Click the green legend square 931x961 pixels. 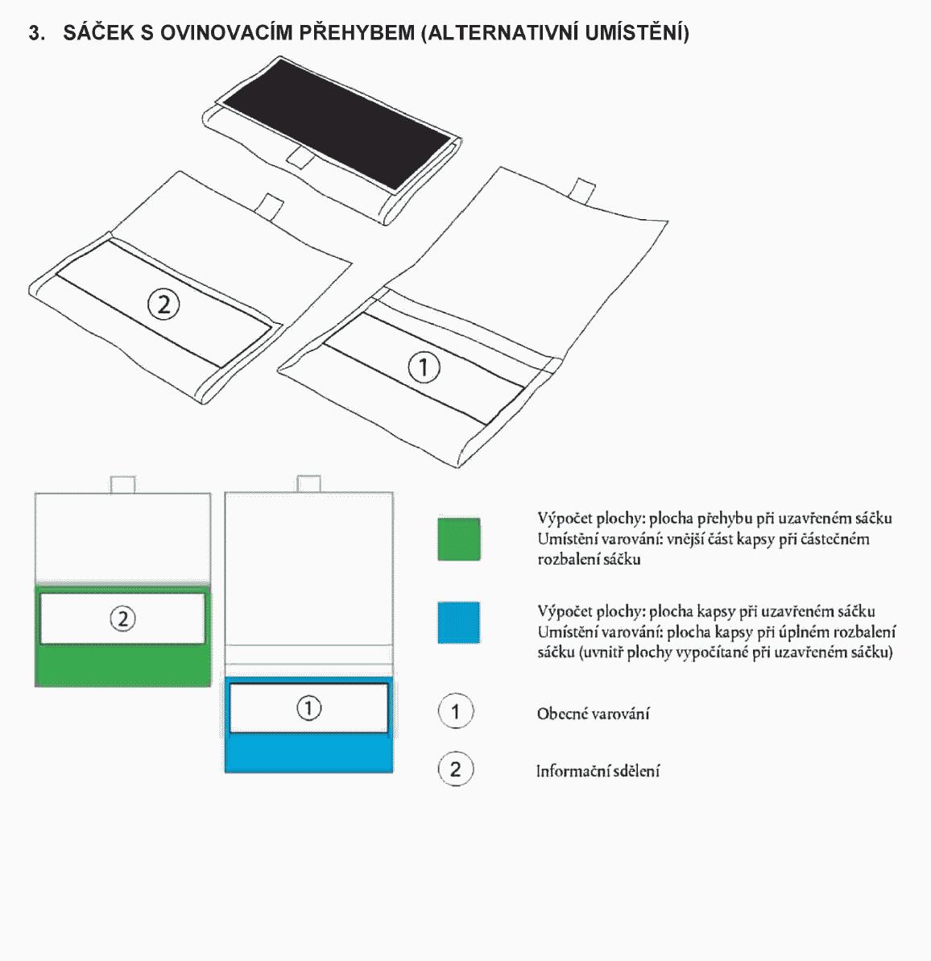[458, 539]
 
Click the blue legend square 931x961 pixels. [458, 623]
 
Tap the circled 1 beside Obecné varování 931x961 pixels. [455, 711]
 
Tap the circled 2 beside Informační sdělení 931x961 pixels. [455, 768]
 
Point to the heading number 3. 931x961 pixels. [36, 32]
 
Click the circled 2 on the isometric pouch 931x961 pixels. [163, 304]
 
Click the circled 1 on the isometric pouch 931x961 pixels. [424, 368]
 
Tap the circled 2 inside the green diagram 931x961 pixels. [122, 619]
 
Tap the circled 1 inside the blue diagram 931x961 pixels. [309, 708]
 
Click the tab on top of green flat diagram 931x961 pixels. [122, 484]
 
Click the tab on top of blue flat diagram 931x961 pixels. [308, 483]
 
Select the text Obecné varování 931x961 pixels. [594, 714]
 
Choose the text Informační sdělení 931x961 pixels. [598, 770]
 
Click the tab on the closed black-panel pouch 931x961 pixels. [301, 157]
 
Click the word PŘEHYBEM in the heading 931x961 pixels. [357, 32]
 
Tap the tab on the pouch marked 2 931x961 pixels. [270, 206]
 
